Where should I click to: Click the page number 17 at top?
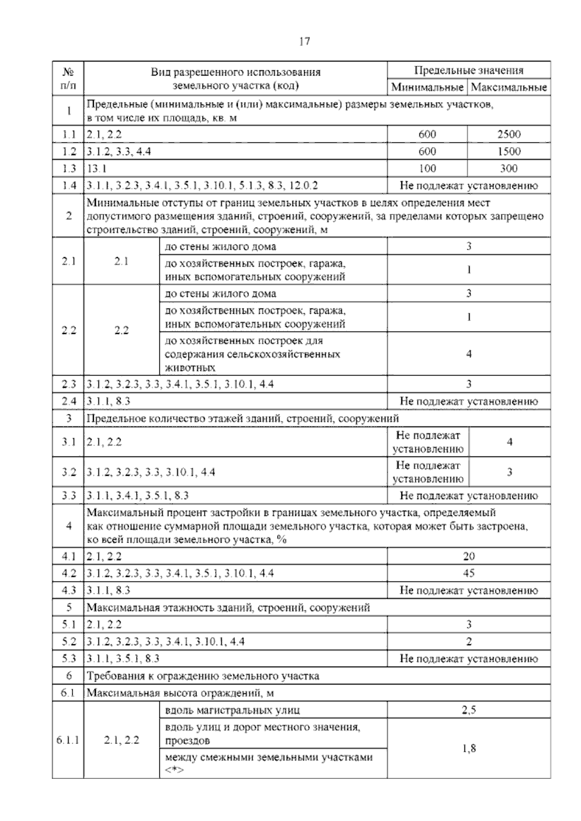(305, 41)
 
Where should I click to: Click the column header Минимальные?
(427, 87)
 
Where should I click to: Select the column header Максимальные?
(509, 87)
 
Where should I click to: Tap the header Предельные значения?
(469, 70)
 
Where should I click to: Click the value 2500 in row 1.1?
(509, 135)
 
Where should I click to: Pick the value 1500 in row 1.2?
(509, 152)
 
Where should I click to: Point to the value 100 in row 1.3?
(427, 168)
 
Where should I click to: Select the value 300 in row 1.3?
(509, 168)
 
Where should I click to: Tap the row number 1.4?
(69, 185)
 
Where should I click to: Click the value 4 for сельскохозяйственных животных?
(469, 354)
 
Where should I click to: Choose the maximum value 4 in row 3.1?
(509, 441)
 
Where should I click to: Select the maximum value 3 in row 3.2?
(509, 472)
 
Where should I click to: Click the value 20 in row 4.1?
(469, 556)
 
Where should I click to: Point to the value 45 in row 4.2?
(469, 573)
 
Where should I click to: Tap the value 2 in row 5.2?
(469, 641)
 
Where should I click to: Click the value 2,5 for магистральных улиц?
(469, 711)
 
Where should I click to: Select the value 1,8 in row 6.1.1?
(469, 748)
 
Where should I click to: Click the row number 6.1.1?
(68, 740)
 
